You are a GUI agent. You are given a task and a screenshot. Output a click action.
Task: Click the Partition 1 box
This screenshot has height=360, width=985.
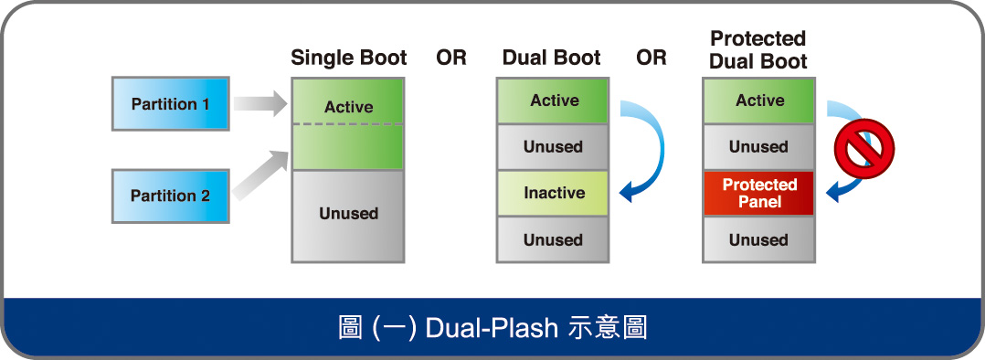coord(171,103)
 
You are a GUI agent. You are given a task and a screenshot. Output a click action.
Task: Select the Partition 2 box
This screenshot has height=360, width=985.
coord(171,196)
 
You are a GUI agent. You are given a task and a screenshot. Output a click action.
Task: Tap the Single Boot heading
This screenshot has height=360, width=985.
coord(349,58)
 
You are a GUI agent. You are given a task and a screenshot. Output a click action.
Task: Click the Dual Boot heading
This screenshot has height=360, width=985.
coord(552,58)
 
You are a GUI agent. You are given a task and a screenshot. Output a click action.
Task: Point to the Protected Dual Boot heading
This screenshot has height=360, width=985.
coord(758,49)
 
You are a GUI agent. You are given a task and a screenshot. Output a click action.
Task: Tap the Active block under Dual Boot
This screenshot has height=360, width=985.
coord(553,101)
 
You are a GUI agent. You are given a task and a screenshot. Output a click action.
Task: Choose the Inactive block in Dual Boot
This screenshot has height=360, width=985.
coord(553,194)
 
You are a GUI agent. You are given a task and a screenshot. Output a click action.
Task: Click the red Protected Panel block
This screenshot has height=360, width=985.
coord(758,194)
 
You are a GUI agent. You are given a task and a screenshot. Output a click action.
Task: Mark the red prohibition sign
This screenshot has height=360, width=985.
coord(863,148)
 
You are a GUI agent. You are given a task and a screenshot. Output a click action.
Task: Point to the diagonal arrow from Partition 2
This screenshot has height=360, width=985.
coord(260,176)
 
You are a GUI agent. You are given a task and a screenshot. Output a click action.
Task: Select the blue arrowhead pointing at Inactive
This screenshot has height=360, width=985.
coord(630,190)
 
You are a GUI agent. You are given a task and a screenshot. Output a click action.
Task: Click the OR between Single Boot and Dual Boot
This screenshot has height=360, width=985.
coord(451,58)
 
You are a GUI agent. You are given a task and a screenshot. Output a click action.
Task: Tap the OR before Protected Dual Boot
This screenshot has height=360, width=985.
coord(651,58)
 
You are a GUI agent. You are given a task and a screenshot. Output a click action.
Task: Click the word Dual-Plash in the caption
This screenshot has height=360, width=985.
coord(492,329)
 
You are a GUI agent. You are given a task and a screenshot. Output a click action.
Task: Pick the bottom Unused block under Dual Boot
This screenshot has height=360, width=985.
coord(553,240)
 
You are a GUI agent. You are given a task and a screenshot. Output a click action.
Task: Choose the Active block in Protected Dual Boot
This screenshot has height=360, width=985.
coord(758,101)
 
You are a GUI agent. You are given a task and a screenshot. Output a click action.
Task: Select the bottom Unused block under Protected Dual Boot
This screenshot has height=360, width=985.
coord(758,240)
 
